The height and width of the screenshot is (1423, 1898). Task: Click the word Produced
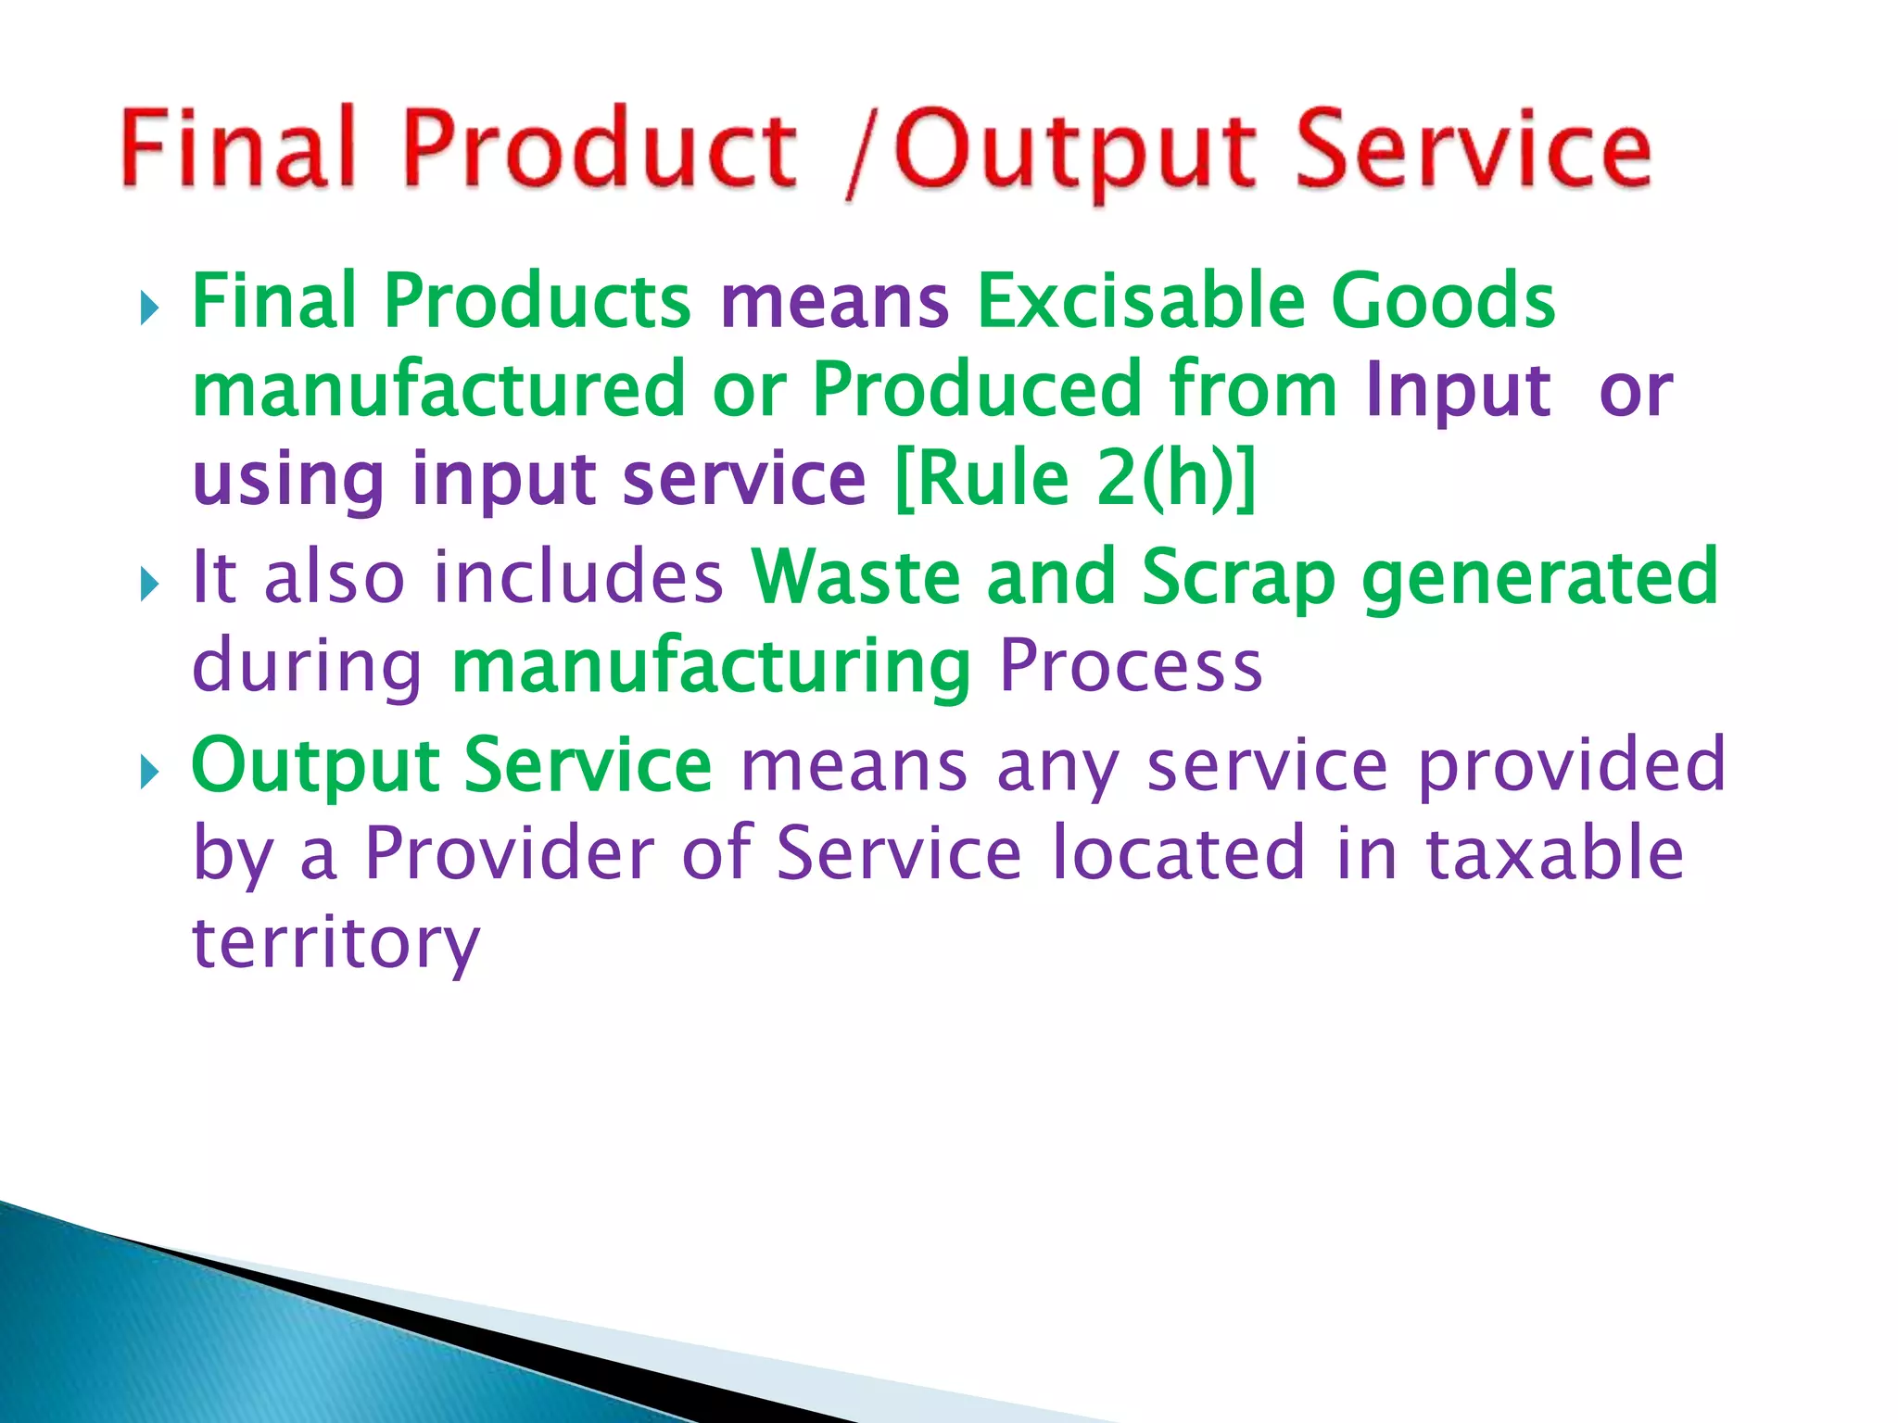tap(977, 389)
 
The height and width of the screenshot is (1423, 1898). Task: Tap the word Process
tap(1131, 665)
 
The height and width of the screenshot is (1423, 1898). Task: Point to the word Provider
tap(510, 853)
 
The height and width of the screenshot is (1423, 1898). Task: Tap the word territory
tap(335, 943)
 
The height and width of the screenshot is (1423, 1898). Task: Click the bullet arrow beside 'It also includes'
tap(150, 585)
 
